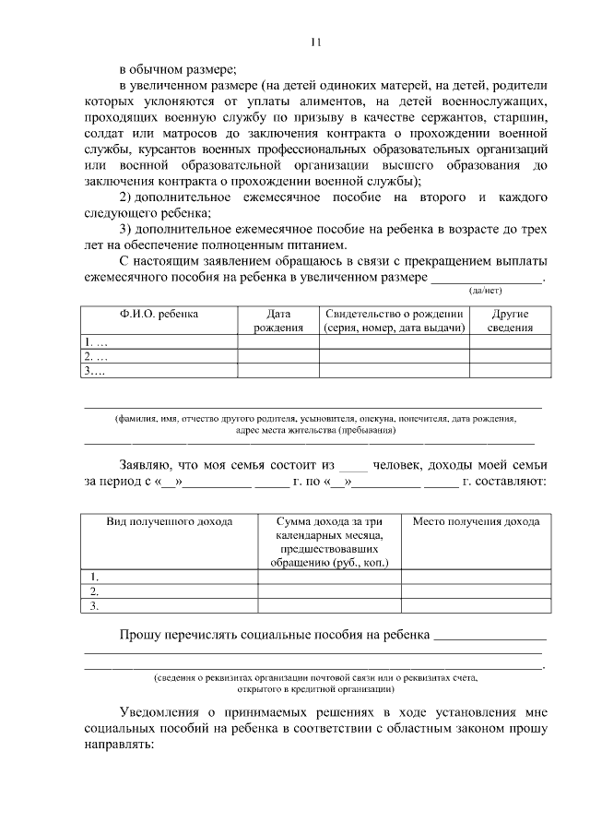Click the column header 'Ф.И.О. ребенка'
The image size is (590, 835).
tap(159, 315)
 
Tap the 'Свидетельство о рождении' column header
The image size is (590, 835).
tap(394, 321)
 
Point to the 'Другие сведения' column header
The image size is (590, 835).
tap(510, 321)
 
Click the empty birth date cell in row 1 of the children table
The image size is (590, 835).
tap(278, 342)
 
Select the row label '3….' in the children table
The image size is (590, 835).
tap(95, 371)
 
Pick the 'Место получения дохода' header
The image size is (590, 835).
tap(476, 521)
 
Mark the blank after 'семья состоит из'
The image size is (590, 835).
tap(354, 466)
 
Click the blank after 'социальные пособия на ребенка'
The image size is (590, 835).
tap(490, 636)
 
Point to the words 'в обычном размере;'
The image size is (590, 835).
tap(178, 69)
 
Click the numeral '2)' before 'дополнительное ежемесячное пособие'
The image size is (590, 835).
tap(129, 198)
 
